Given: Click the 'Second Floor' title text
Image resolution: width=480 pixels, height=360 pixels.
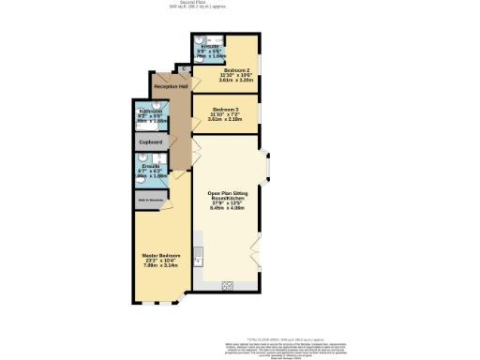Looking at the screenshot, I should point(239,3).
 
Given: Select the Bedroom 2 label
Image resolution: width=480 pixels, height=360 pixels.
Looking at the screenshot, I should point(235,71).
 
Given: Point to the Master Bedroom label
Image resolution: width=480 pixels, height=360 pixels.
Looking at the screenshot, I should point(161,256).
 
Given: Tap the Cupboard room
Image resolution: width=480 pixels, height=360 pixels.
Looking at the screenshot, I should point(151,142).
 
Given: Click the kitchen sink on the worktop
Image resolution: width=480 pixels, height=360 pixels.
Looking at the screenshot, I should point(199,254).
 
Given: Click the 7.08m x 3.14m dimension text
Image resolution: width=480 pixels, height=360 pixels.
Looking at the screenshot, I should point(161,265).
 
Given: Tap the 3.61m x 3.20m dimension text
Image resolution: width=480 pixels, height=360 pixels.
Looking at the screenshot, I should point(235,82).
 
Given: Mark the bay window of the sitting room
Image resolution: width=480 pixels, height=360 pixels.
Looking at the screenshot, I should point(269,166).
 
